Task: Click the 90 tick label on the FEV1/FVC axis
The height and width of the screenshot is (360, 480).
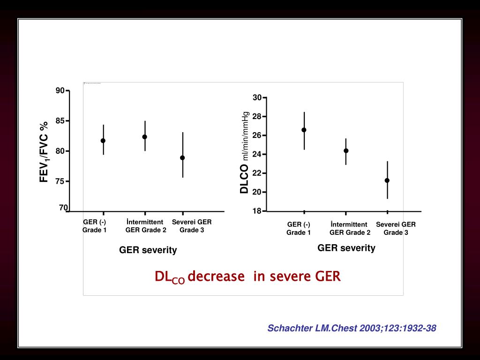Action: (60, 90)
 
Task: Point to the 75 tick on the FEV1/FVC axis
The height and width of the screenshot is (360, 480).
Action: (60, 181)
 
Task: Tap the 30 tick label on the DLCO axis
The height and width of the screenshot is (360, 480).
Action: (257, 97)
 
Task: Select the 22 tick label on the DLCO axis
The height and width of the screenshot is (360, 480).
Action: (257, 173)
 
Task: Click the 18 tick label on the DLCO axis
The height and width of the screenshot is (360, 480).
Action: (257, 211)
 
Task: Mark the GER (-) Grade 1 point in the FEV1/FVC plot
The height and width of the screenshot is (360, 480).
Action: (103, 141)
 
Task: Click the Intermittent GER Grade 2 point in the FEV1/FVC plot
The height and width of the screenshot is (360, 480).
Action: (145, 137)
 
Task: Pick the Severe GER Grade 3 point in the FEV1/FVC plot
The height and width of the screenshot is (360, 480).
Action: (182, 158)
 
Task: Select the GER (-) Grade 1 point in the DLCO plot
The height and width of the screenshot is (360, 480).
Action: (304, 130)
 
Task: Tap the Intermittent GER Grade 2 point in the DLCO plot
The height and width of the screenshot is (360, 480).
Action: (346, 151)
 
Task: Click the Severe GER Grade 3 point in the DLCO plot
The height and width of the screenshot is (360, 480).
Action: (387, 180)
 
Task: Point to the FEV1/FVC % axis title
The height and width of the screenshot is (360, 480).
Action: (44, 151)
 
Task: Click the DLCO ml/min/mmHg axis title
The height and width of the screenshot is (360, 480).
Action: (244, 153)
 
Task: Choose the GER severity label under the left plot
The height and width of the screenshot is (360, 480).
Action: (148, 250)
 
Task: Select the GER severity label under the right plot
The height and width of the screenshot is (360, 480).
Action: (346, 248)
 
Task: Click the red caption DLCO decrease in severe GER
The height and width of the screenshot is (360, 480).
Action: (247, 277)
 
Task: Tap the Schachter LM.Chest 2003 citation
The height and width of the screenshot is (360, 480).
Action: (352, 329)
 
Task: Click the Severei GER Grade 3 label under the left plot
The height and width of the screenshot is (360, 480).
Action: (192, 226)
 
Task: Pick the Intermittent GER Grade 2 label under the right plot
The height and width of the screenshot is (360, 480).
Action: (350, 228)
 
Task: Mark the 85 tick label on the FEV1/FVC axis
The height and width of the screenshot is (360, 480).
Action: (60, 121)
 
